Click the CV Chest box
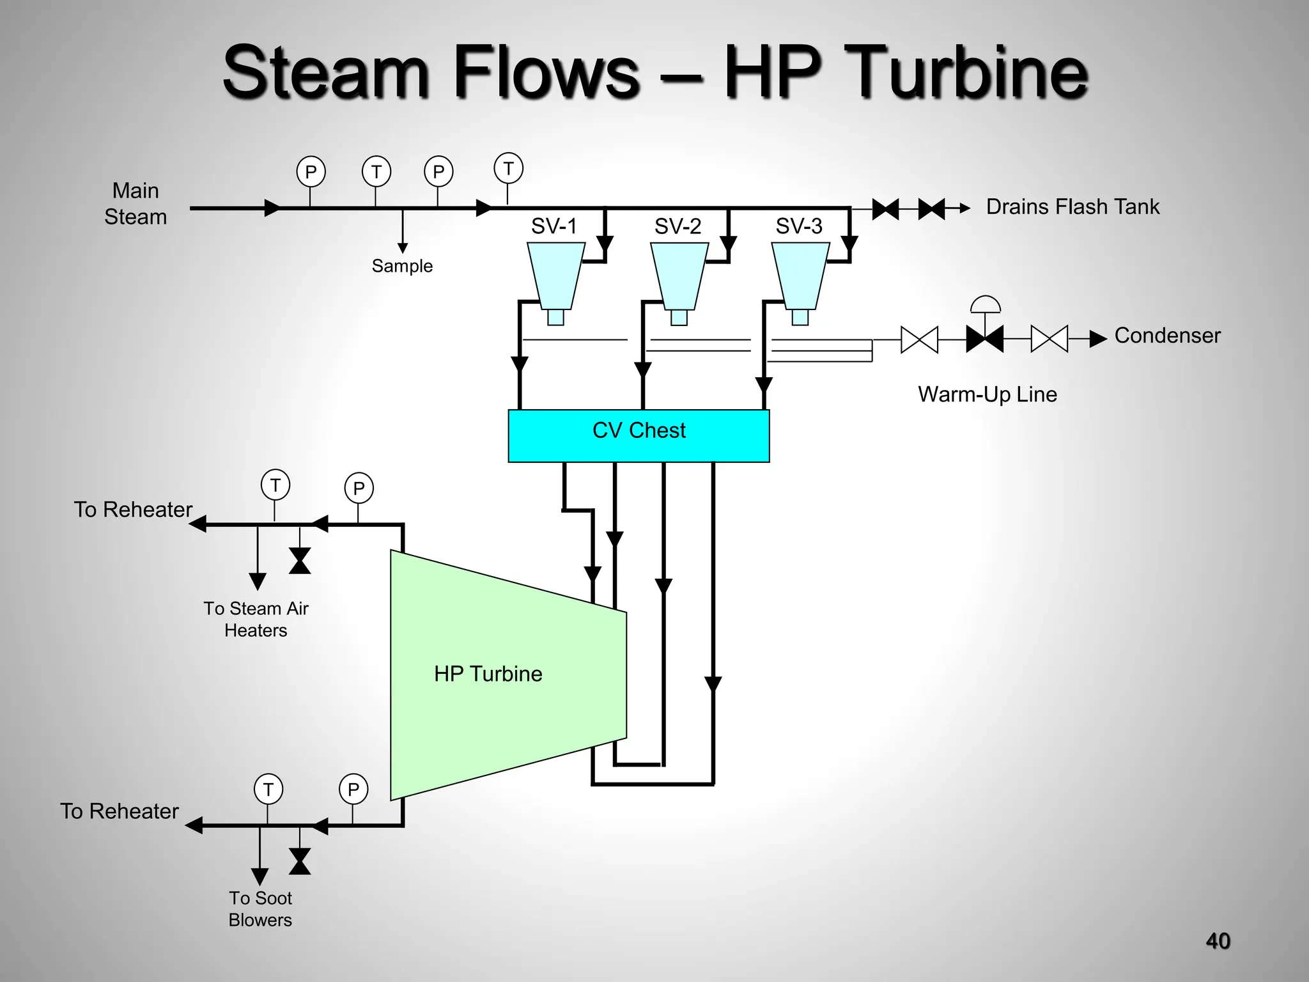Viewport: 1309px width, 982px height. click(x=639, y=436)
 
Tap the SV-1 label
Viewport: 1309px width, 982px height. click(x=554, y=226)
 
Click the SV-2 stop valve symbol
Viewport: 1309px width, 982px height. click(x=679, y=276)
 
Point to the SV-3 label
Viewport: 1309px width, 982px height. click(x=798, y=226)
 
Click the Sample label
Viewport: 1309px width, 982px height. click(x=402, y=266)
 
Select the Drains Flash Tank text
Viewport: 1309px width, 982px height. click(x=1073, y=207)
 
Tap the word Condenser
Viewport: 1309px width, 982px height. click(x=1167, y=336)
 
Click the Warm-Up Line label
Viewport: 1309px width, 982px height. click(x=987, y=394)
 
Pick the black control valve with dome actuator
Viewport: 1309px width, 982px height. click(x=984, y=338)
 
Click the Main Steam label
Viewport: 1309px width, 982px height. click(x=136, y=203)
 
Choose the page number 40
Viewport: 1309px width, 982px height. click(x=1218, y=941)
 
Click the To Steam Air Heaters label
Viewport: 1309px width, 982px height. click(x=256, y=619)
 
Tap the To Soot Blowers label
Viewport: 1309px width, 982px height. click(x=260, y=908)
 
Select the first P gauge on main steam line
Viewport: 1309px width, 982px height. click(x=311, y=172)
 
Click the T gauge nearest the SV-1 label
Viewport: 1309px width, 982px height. click(x=508, y=168)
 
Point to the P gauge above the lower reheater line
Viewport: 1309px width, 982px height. click(x=353, y=790)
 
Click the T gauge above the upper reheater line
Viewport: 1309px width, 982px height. click(x=275, y=485)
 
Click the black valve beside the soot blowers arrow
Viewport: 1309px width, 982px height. click(x=300, y=861)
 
